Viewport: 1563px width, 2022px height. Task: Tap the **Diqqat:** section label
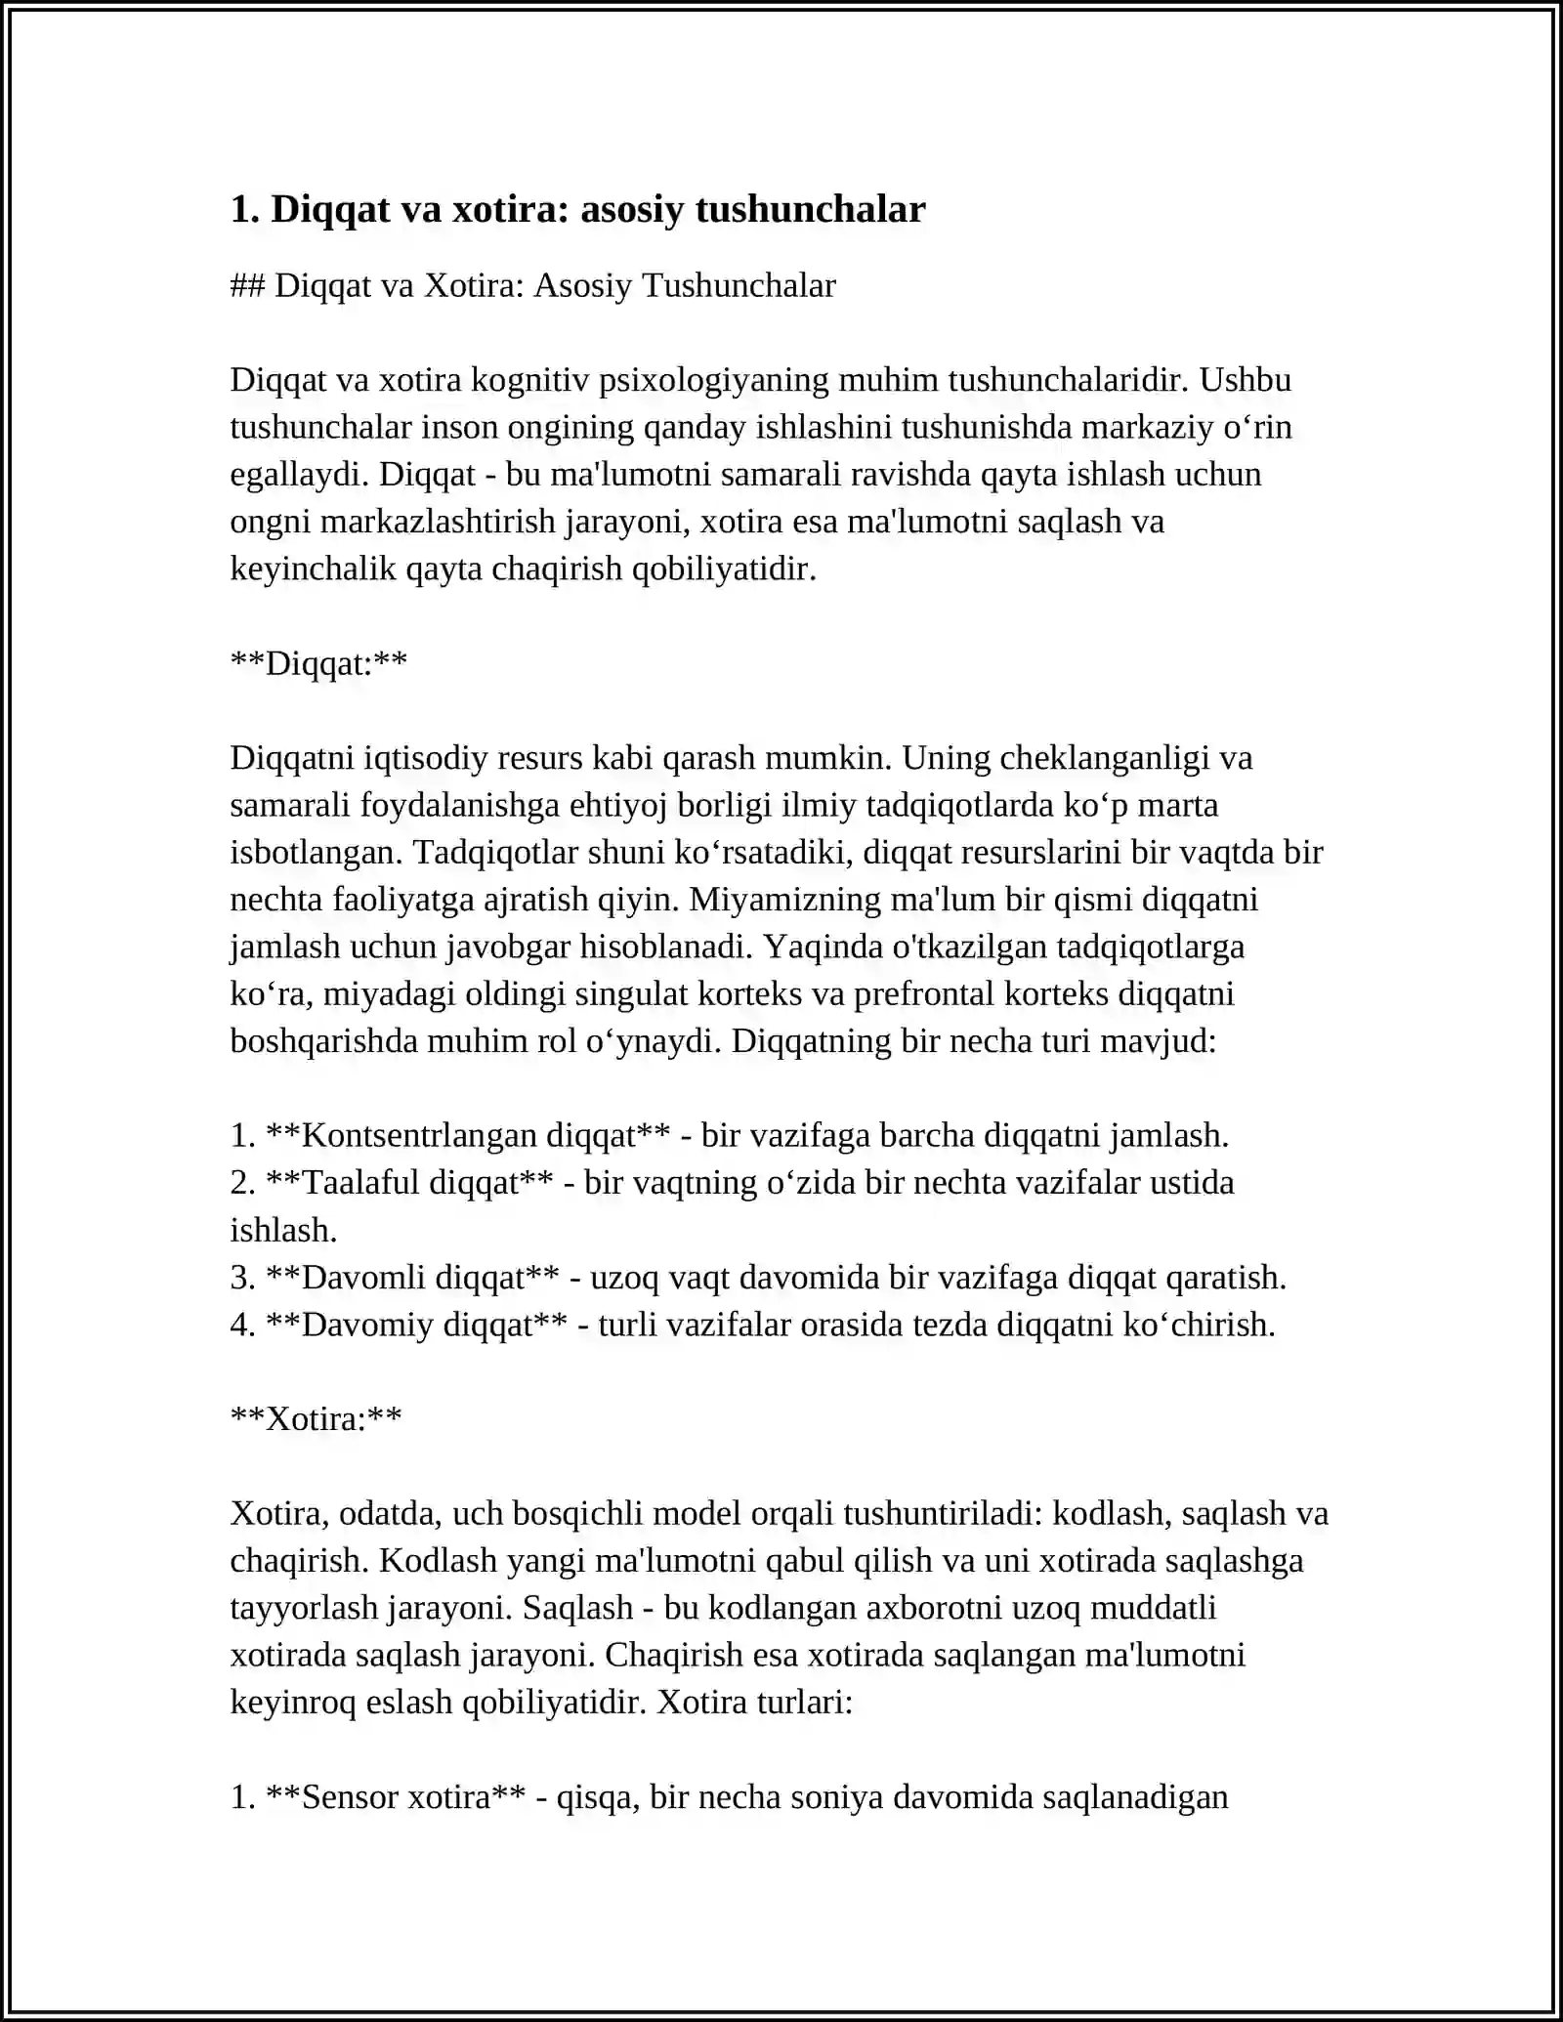(x=318, y=663)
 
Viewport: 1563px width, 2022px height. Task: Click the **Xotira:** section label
(x=316, y=1418)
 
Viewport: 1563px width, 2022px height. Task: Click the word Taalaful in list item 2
(x=361, y=1182)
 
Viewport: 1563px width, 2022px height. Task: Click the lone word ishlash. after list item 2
(x=283, y=1230)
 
